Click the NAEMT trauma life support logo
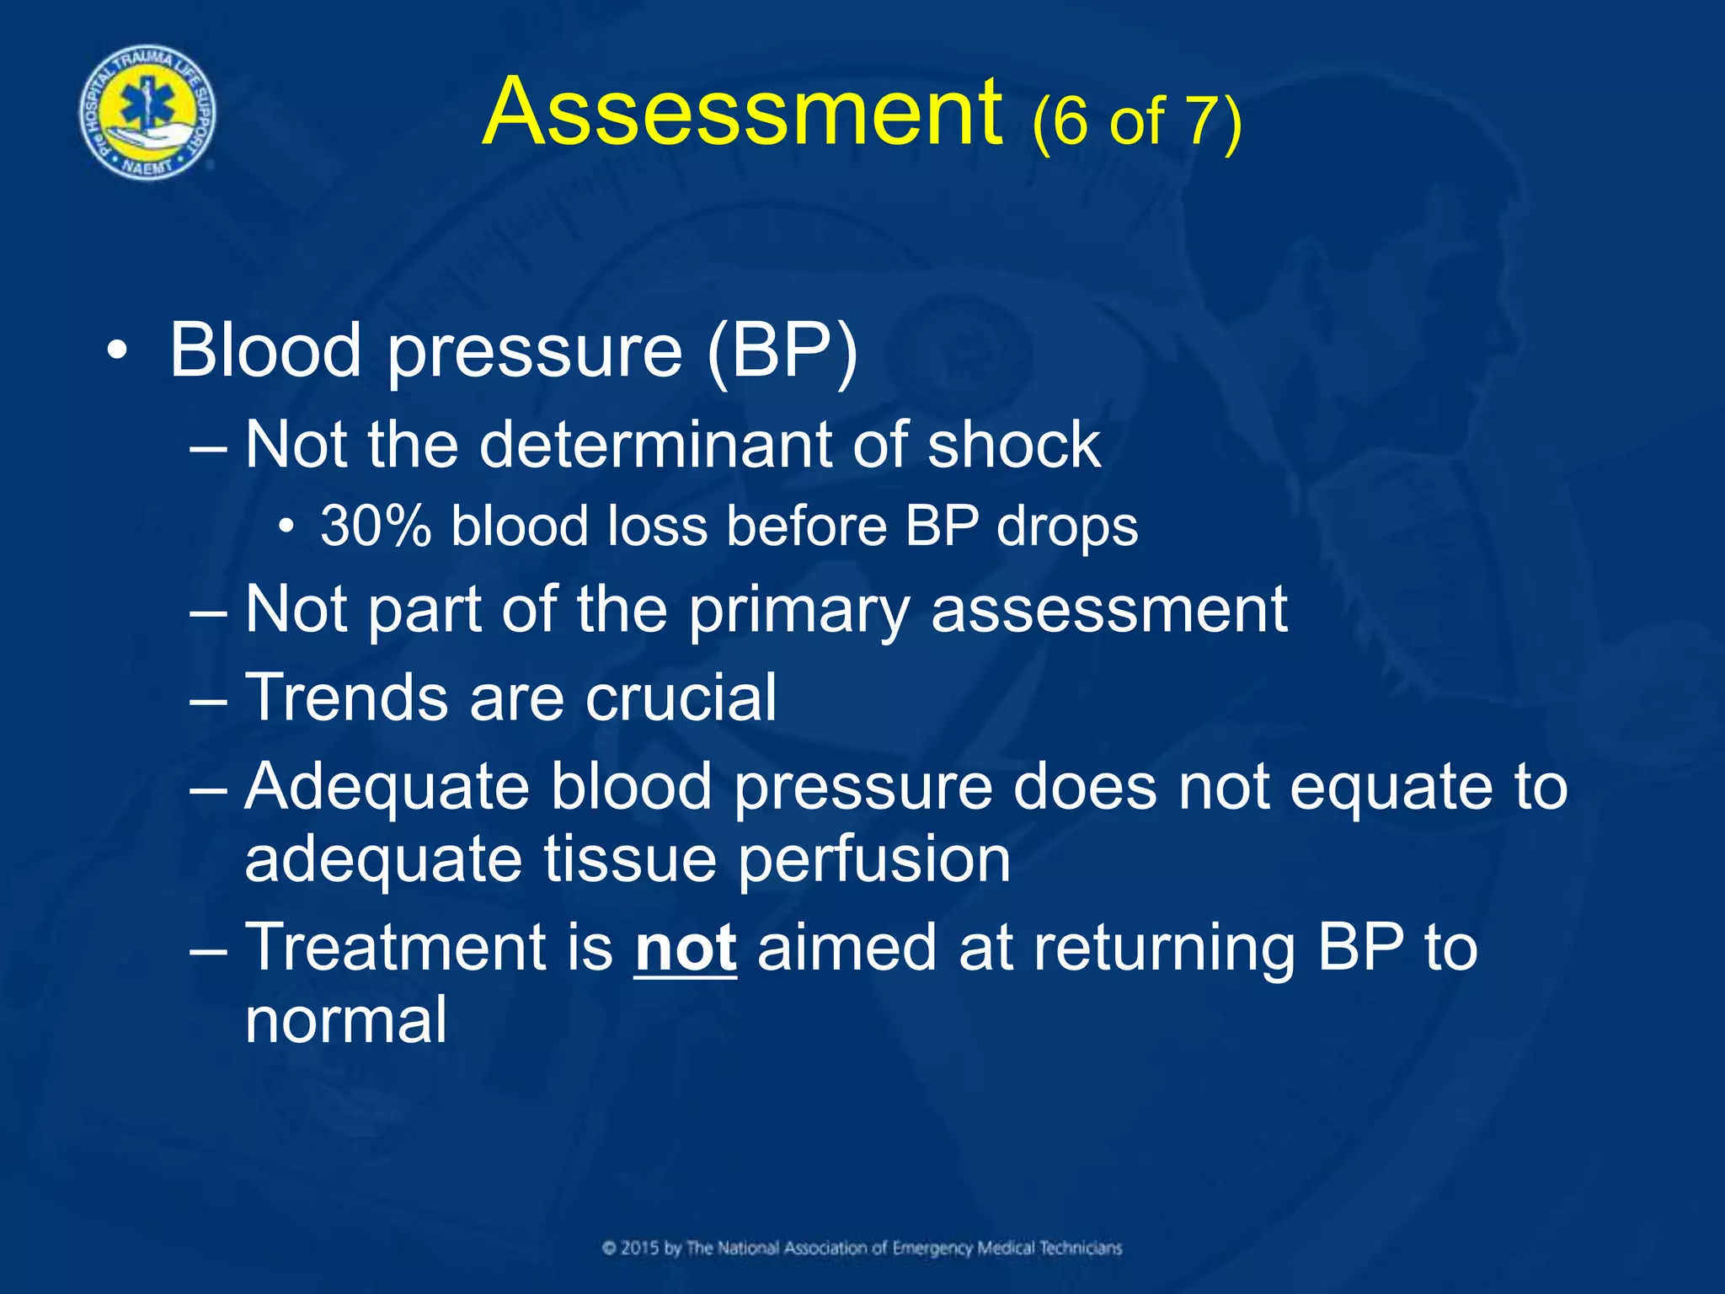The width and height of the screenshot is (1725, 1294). tap(147, 113)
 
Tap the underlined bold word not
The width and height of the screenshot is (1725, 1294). tap(686, 948)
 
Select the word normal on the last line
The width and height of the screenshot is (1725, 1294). tap(345, 1019)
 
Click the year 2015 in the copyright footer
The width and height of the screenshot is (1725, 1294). tap(641, 1248)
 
